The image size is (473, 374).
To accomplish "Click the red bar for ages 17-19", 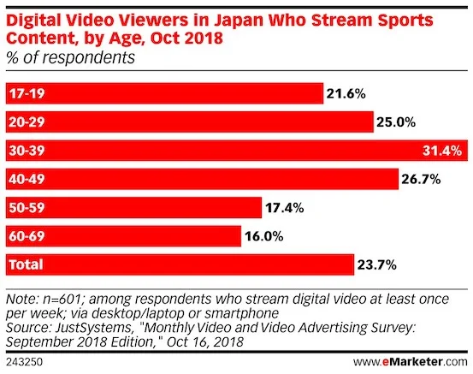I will (163, 92).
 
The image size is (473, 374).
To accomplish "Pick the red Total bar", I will (179, 264).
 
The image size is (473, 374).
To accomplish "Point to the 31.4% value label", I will (444, 151).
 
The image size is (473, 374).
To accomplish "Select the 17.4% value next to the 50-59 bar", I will (285, 207).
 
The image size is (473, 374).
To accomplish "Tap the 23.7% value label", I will (376, 264).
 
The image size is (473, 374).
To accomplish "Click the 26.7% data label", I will (422, 179).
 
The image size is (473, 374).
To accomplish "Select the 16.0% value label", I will (264, 235).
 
